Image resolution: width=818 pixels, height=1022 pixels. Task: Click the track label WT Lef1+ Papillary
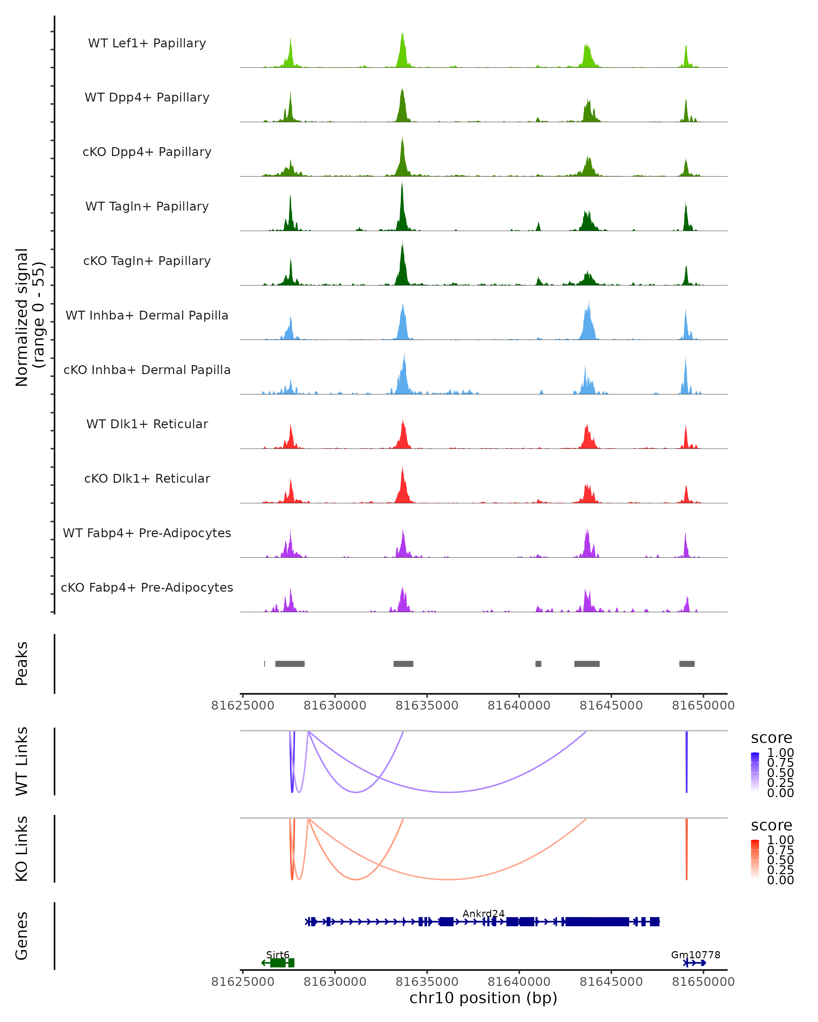click(x=147, y=43)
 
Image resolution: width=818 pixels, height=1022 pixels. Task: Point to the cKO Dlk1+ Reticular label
click(x=147, y=478)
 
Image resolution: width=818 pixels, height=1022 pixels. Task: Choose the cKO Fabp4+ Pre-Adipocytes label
click(x=147, y=587)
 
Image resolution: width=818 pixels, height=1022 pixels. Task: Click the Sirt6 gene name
click(x=277, y=955)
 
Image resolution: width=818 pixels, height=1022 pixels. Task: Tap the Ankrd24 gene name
click(x=483, y=913)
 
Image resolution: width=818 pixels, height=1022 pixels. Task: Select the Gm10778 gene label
click(x=695, y=955)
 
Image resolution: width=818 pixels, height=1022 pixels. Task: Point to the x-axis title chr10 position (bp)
click(x=483, y=998)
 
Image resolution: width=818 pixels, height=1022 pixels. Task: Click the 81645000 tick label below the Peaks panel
click(x=611, y=706)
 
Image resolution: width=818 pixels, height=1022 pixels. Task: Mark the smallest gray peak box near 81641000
click(x=538, y=664)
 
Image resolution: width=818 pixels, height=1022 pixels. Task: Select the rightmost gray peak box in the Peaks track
click(x=687, y=664)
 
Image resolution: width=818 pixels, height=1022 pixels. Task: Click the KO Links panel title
click(x=22, y=849)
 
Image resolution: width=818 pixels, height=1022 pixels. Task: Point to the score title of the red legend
click(x=772, y=825)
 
